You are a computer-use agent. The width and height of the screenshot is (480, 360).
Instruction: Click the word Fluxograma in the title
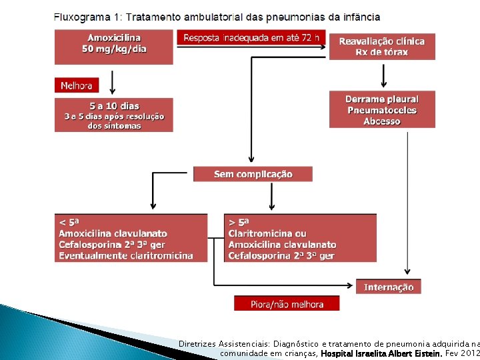coord(80,17)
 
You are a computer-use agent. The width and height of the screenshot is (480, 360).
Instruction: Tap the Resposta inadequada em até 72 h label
coord(251,38)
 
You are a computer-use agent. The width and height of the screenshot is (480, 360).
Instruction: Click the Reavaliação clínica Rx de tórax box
coord(381,46)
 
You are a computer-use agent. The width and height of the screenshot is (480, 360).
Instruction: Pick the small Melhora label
coord(76,85)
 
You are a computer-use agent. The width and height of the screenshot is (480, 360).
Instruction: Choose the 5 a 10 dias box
coord(114,115)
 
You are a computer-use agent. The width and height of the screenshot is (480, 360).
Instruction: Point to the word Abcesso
coord(382,121)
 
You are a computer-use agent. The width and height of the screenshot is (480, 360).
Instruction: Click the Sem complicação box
coord(253,174)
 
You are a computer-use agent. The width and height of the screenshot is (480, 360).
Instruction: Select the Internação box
coord(389,287)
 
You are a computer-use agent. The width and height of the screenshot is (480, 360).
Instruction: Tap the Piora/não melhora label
coord(287,304)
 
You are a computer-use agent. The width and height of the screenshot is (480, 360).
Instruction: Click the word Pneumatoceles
coord(382,110)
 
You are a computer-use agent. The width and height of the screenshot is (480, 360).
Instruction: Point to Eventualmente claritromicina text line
coord(126,255)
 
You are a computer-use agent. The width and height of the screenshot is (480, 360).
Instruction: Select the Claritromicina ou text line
coord(267,233)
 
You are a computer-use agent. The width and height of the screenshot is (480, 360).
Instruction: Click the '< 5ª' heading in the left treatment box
coord(69,222)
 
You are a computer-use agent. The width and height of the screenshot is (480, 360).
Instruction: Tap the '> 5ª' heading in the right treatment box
coord(239,222)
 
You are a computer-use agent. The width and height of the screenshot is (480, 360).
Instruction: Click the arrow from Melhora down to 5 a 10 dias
coord(112,83)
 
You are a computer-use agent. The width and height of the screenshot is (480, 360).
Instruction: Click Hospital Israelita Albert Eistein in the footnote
coord(382,353)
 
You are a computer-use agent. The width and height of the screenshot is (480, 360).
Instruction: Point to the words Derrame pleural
coord(382,99)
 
